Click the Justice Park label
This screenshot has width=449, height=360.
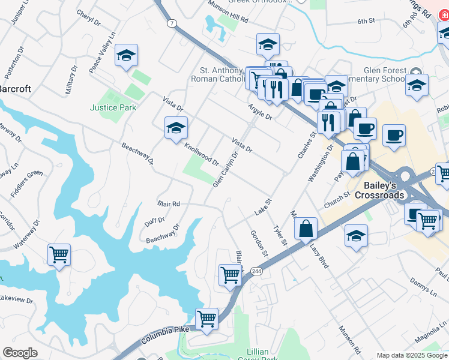(113, 108)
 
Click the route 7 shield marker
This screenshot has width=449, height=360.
(172, 23)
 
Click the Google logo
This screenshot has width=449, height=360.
(20, 353)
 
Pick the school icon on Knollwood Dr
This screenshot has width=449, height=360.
(176, 128)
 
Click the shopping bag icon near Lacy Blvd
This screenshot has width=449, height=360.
(306, 228)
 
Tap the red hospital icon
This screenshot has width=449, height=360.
(444, 32)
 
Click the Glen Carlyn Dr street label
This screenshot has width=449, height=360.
(226, 169)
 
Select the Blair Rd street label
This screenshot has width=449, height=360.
(169, 204)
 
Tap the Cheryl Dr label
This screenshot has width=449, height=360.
(89, 18)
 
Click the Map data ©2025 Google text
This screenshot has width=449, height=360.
(411, 355)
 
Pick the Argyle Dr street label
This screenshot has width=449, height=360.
(260, 112)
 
